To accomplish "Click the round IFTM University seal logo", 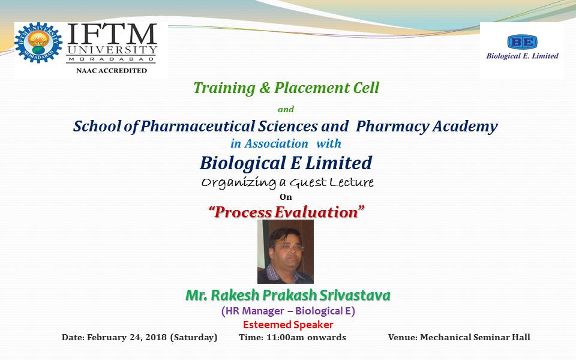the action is click(38, 43).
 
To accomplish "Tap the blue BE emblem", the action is click(522, 42).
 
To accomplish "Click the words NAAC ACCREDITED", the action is click(112, 71).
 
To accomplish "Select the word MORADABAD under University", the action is click(112, 59).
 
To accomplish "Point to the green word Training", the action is click(224, 88).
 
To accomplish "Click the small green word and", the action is click(286, 109).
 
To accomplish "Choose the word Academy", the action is click(465, 127).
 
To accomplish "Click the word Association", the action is click(276, 143).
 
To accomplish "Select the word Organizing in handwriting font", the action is click(239, 182).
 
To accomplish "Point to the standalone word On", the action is click(286, 197).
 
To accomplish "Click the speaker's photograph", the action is click(286, 251).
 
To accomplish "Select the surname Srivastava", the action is click(355, 295).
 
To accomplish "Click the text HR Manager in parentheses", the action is click(255, 311).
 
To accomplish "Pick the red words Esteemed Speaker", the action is click(288, 325).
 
